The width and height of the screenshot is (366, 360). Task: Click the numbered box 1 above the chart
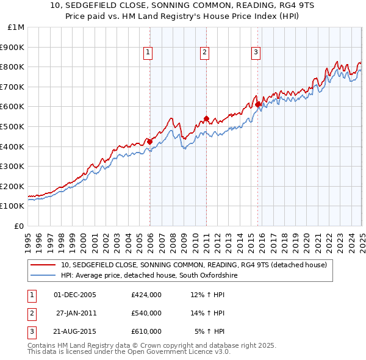click(148, 53)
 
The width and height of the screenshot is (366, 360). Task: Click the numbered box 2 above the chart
click(205, 53)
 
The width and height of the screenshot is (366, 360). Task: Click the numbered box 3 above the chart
click(256, 53)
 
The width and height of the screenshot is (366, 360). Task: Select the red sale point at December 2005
click(149, 142)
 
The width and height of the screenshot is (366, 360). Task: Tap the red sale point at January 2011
click(206, 118)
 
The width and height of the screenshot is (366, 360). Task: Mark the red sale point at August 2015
click(257, 104)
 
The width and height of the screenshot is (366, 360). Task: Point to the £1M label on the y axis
click(16, 27)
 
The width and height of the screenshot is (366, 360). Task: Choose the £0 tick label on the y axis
click(19, 226)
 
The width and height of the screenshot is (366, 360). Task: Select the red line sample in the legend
click(43, 265)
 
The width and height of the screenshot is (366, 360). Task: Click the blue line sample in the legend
click(43, 275)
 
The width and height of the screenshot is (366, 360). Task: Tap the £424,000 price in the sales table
click(146, 295)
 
